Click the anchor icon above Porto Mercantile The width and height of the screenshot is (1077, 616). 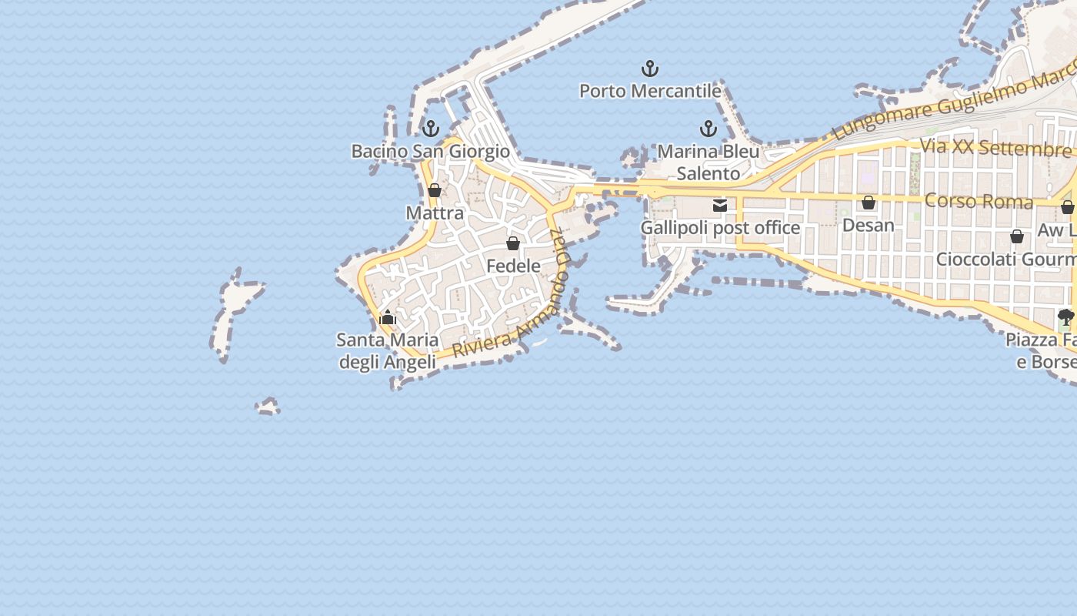(x=650, y=69)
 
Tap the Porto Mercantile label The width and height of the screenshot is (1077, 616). (x=650, y=91)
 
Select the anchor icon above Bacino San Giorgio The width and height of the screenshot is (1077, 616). (x=431, y=129)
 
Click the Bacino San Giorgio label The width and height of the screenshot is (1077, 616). (x=431, y=151)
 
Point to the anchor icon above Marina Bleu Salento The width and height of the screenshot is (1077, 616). (x=708, y=129)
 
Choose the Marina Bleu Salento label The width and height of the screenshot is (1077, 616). (x=708, y=162)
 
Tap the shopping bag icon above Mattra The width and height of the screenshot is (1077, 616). (x=435, y=190)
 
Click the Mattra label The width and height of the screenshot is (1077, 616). (x=435, y=213)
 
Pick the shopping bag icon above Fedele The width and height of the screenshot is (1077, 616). (x=513, y=243)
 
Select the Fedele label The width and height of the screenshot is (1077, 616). (x=513, y=266)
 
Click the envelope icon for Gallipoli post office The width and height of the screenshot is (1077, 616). (x=720, y=205)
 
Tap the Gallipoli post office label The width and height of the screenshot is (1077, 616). (x=720, y=228)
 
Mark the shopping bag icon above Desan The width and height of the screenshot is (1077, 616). (x=869, y=203)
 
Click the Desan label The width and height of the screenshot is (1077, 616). (x=869, y=225)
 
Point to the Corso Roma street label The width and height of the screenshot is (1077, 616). (x=979, y=201)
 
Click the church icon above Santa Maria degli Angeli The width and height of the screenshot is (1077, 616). (x=388, y=317)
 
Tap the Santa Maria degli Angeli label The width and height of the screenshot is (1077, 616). (x=388, y=350)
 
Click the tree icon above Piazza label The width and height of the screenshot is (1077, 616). (x=1065, y=316)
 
